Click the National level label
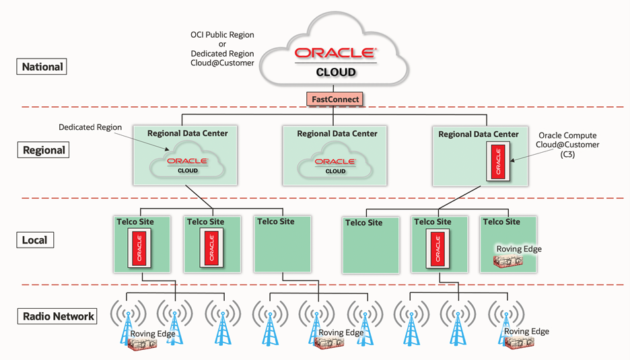coord(42,67)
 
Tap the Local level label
coord(34,240)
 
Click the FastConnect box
coord(335,99)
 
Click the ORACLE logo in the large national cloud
coord(335,53)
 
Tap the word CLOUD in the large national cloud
coord(335,72)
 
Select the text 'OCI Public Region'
coord(222,34)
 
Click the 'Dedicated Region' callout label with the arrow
coord(90,127)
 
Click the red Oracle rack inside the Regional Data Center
coord(498,162)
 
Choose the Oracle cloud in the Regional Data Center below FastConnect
coord(335,165)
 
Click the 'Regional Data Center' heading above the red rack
coord(479,135)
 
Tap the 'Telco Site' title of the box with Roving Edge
coord(501,221)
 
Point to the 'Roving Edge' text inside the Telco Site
coord(519,249)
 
